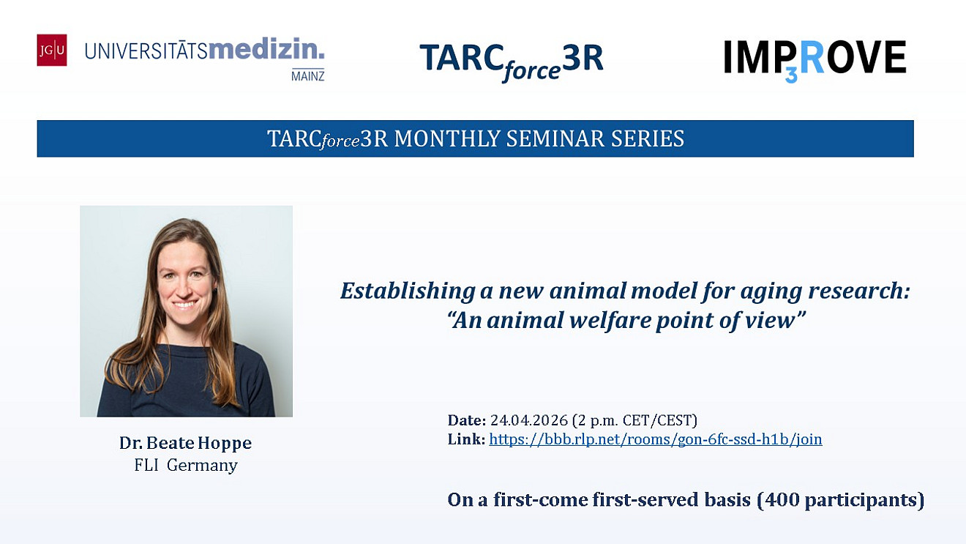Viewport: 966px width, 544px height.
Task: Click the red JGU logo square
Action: [52, 50]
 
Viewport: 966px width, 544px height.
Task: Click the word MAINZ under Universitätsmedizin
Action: [307, 76]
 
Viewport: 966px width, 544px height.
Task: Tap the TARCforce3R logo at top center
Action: [512, 62]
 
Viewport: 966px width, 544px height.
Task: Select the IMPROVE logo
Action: [815, 59]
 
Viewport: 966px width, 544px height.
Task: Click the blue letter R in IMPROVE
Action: [812, 56]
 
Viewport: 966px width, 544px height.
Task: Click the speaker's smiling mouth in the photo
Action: [184, 304]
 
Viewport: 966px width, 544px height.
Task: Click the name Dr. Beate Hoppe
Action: [185, 443]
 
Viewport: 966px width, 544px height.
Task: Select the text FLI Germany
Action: [186, 466]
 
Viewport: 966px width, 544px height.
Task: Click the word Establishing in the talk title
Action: [408, 291]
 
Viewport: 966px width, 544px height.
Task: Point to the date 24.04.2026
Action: [528, 420]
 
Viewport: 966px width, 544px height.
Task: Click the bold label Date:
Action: [467, 420]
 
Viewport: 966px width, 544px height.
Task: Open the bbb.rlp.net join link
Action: [656, 439]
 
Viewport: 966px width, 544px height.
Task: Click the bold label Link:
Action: [467, 439]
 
